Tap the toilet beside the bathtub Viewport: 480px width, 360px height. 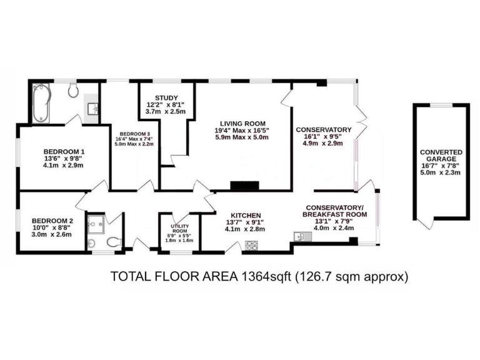pyautogui.click(x=73, y=91)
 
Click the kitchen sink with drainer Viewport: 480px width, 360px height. pyautogui.click(x=299, y=237)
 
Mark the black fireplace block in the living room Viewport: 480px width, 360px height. pyautogui.click(x=244, y=186)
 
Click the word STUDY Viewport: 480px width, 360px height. pyautogui.click(x=158, y=97)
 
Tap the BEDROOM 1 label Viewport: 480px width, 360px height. pyautogui.click(x=64, y=151)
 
